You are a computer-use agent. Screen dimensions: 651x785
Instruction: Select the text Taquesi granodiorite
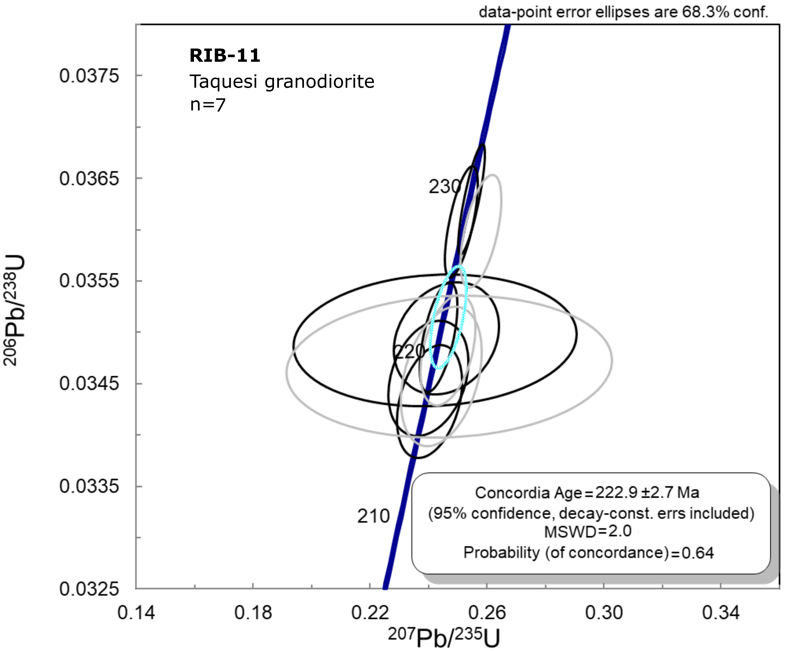coord(282,82)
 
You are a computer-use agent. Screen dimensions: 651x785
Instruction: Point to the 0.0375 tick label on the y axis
coord(89,76)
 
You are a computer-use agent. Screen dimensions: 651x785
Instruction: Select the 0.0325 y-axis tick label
coord(89,589)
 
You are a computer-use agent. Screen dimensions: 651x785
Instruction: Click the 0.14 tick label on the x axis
coord(136,613)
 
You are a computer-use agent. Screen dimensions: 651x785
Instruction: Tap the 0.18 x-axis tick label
coord(253,613)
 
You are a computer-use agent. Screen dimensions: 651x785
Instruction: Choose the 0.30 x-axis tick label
coord(604,613)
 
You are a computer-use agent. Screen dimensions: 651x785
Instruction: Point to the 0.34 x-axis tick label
coord(721,613)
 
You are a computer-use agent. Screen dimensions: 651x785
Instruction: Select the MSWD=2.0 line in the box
coord(588,531)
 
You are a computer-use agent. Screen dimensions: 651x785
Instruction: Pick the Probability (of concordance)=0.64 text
coord(588,552)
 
